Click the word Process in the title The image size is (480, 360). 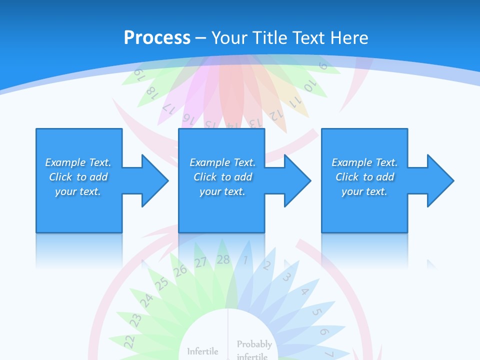(157, 37)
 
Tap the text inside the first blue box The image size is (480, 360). (78, 177)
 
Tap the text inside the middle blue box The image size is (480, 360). (222, 177)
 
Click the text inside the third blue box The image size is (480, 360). (364, 177)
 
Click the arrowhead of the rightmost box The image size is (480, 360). (438, 180)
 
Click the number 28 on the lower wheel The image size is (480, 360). (223, 259)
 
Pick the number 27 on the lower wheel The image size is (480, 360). (201, 262)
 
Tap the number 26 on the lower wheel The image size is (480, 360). (180, 271)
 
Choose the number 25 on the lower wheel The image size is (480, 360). (161, 283)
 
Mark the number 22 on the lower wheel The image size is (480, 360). (129, 341)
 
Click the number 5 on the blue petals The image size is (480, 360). (316, 312)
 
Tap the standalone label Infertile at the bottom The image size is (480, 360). (202, 351)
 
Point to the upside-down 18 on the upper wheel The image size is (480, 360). (151, 91)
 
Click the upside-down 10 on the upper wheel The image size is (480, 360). (310, 85)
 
